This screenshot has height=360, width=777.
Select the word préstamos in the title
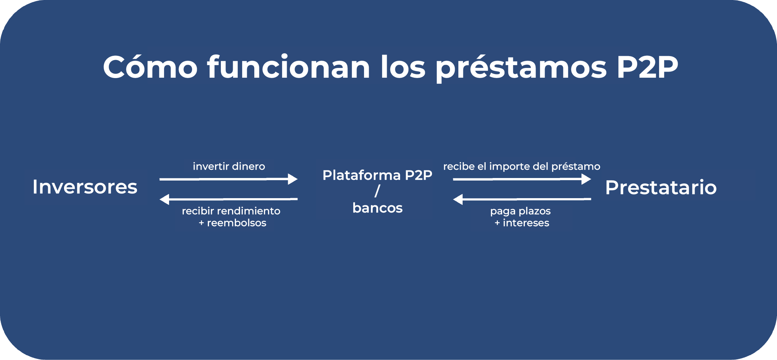521,68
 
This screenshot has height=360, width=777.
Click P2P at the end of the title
647,67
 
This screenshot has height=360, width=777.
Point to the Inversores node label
85,187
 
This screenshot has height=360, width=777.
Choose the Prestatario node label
661,187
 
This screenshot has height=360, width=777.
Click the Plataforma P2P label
377,175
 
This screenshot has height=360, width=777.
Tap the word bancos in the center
377,208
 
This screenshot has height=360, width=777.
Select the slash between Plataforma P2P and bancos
377,191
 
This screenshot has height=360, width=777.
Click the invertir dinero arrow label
229,166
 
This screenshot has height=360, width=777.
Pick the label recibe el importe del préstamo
522,167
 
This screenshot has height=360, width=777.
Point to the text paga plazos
520,211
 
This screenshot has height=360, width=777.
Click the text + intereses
522,223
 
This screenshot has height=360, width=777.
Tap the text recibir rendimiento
231,211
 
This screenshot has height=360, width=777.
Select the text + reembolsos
232,223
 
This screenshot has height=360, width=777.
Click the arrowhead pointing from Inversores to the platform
293,179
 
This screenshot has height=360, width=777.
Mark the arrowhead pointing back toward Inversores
164,199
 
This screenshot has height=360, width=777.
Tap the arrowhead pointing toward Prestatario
586,179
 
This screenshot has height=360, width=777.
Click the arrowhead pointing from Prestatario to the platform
458,199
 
